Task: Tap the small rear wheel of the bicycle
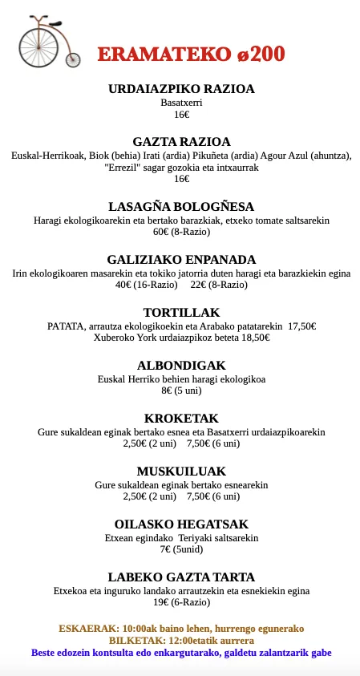click(73, 59)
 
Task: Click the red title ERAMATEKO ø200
click(192, 55)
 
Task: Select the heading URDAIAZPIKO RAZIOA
click(181, 89)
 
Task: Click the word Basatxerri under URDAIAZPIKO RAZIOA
click(181, 103)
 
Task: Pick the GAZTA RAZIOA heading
click(181, 141)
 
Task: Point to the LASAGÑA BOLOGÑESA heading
click(181, 206)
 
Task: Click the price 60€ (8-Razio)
click(181, 233)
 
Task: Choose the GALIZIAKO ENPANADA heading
click(181, 259)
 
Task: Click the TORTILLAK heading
click(181, 312)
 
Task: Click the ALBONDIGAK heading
click(181, 365)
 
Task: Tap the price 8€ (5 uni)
click(181, 391)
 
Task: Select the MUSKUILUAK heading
click(181, 471)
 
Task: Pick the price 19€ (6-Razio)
click(181, 603)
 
